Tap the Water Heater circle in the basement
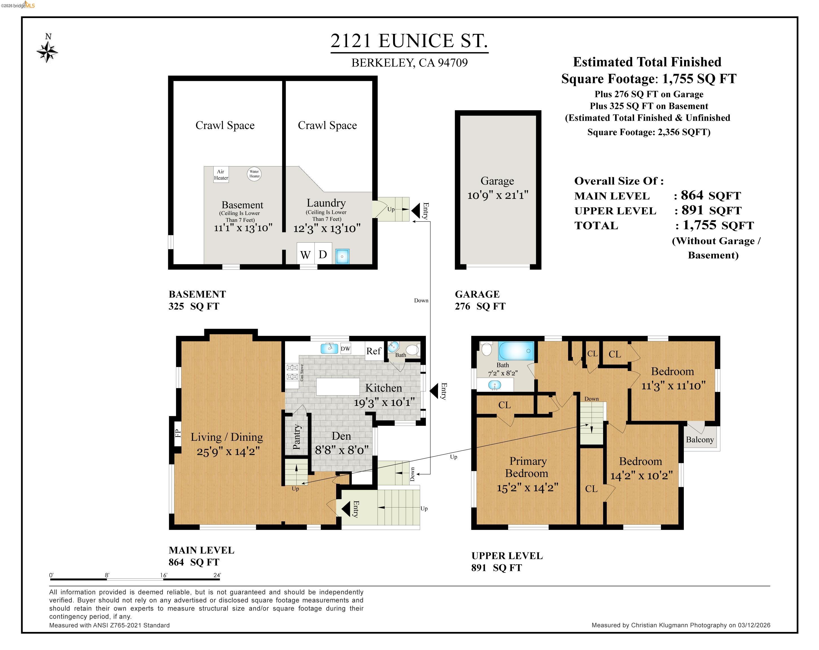pos(254,174)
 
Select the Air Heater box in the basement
pos(221,175)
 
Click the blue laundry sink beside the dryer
pos(342,256)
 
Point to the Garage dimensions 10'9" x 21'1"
pos(498,195)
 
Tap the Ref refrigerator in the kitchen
pos(373,351)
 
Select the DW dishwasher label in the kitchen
pos(345,348)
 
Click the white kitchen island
pos(338,387)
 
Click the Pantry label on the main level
pos(297,437)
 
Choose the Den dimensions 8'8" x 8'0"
pos(342,450)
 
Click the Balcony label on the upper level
pos(700,440)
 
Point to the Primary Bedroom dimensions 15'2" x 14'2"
pos(528,488)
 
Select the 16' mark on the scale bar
pos(163,575)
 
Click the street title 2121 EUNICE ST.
pos(409,41)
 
